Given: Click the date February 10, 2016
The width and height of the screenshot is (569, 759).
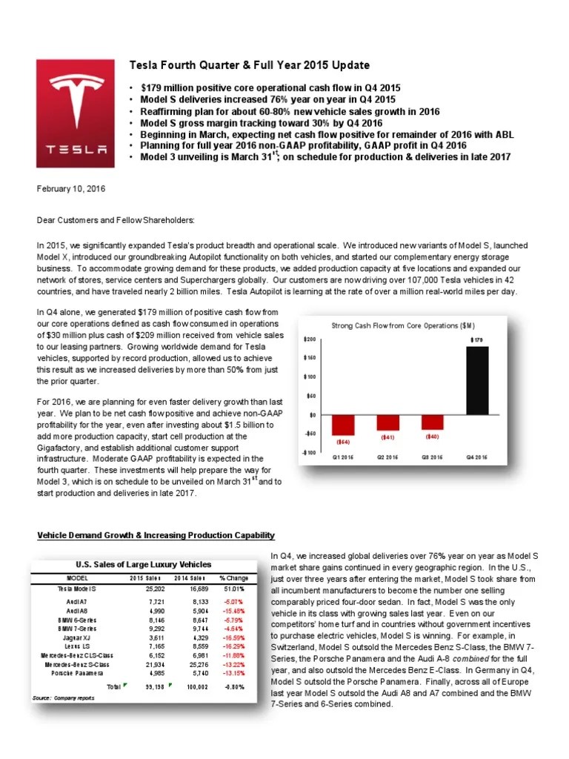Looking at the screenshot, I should coord(71,189).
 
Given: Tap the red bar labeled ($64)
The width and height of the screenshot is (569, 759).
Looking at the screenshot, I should coord(342,425).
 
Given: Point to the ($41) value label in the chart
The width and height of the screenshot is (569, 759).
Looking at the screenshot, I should coord(388,437).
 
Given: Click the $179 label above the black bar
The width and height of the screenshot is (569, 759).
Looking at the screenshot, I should coord(478,339).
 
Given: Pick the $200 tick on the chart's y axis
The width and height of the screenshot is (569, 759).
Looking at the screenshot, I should coord(310,339).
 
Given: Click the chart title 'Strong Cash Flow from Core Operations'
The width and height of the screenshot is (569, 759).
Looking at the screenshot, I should coord(402,325).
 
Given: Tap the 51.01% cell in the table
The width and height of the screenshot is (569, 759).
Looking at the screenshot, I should coord(233,589).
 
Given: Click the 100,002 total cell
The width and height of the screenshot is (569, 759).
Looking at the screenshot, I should coord(195,687).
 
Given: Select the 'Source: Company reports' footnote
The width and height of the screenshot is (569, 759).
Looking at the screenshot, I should coord(63,698).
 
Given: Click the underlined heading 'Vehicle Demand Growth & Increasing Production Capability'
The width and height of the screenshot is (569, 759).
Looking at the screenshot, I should coord(156,536).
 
